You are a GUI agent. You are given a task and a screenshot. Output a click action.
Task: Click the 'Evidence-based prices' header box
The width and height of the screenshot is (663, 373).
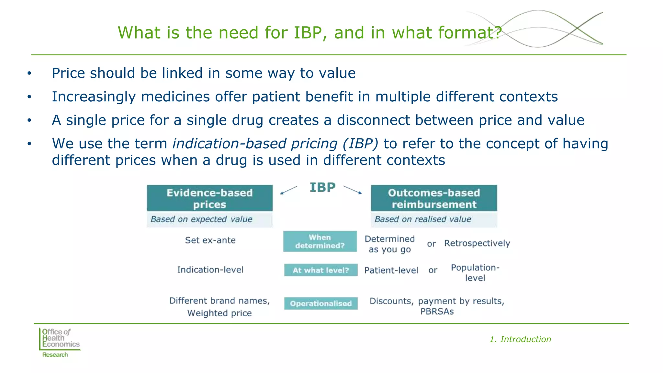click(x=209, y=198)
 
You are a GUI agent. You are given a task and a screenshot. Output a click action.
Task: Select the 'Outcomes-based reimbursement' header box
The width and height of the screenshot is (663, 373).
click(x=434, y=198)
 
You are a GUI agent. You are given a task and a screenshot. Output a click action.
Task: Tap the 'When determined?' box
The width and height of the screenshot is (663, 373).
click(x=320, y=241)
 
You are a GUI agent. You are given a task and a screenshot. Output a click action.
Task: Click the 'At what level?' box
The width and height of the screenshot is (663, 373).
click(x=321, y=270)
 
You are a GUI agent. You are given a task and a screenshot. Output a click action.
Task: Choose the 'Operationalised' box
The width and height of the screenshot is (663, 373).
click(x=321, y=303)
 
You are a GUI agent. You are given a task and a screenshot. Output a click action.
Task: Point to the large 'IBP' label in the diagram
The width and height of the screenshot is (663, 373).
click(x=322, y=187)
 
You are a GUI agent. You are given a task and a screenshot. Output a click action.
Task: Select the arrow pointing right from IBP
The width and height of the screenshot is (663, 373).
click(x=353, y=190)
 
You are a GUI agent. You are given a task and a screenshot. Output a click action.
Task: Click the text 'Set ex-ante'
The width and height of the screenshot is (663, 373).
click(x=210, y=240)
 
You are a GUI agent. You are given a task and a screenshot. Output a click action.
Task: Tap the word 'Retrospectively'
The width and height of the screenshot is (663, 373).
click(x=477, y=243)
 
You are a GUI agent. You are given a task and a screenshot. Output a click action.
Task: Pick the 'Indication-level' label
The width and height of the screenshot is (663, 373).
click(x=210, y=270)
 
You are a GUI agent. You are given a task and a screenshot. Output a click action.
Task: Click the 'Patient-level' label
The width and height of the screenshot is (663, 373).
click(x=391, y=270)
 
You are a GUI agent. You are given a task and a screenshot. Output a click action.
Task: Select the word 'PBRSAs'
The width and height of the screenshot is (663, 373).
click(x=437, y=311)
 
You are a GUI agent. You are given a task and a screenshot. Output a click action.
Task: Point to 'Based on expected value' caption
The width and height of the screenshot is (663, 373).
click(x=201, y=219)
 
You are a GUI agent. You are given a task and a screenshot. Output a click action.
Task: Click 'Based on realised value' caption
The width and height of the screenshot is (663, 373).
click(x=422, y=219)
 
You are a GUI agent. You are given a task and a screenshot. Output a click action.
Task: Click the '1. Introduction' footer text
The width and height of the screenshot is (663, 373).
click(x=520, y=339)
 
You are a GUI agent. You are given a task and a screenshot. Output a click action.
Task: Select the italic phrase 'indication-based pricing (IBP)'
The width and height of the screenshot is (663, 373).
click(x=275, y=143)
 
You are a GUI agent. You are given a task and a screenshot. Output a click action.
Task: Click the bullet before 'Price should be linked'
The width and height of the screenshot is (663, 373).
click(x=29, y=73)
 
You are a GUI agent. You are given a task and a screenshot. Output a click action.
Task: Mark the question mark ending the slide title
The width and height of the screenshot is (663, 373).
click(x=498, y=33)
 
